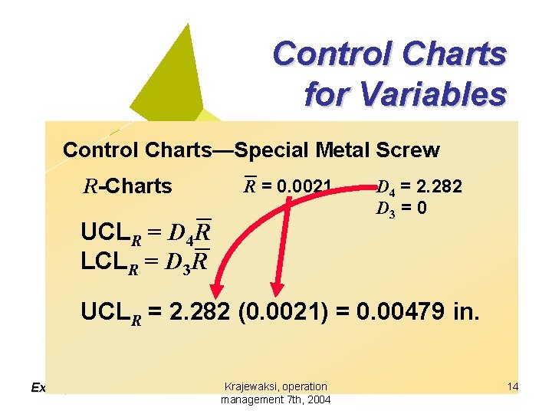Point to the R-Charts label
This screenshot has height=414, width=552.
[x=127, y=186]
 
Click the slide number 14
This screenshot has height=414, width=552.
[x=512, y=387]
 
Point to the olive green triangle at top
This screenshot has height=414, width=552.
[x=172, y=77]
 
